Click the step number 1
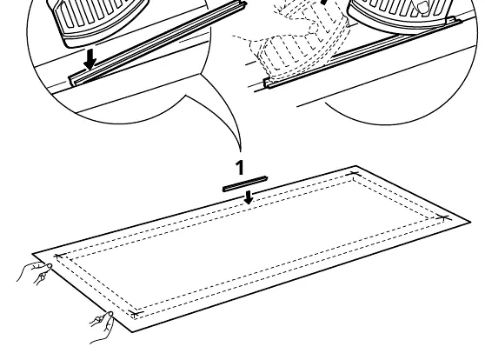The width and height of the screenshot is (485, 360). pos(240,168)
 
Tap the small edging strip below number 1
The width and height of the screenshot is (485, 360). pos(245,183)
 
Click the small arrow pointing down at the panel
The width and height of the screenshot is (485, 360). pos(249,197)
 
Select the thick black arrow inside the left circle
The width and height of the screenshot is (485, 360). pos(90,60)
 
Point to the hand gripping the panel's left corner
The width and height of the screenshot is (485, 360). pos(35,272)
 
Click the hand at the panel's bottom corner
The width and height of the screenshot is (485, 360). pos(103,327)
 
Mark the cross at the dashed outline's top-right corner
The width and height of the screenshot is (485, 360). pos(353,174)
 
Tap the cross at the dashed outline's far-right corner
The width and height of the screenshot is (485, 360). pos(444,218)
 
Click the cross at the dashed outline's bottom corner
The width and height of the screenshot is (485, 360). pos(136,313)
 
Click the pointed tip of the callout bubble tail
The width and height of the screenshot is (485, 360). pos(241,151)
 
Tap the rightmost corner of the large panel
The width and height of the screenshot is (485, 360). pos(470,222)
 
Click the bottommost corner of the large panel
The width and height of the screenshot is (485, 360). pos(132,332)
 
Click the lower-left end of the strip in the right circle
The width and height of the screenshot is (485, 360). pos(267,83)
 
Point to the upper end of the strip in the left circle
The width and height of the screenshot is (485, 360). pos(244,4)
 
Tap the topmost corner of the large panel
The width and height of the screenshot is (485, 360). pos(355,166)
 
